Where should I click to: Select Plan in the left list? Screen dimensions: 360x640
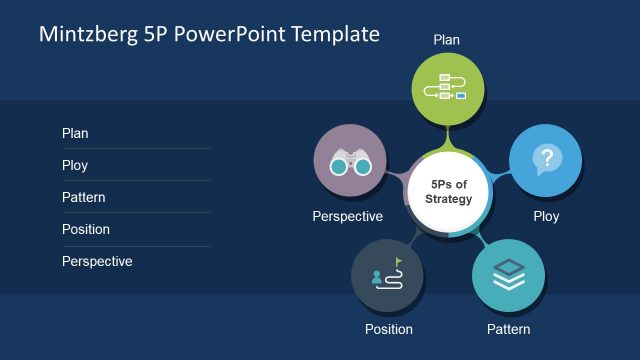click(75, 133)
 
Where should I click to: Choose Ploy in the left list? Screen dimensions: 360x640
click(75, 165)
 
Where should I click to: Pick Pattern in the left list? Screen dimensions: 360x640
click(83, 197)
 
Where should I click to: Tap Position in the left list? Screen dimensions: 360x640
click(85, 229)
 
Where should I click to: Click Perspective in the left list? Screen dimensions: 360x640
click(97, 261)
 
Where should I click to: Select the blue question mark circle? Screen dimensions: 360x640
click(545, 160)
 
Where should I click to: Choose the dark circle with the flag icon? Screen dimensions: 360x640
click(388, 274)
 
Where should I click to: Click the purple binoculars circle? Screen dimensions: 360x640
click(350, 161)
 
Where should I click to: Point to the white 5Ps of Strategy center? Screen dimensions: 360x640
click(448, 192)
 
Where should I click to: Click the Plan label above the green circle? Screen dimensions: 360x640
click(446, 40)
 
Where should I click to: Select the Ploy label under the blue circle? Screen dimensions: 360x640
click(546, 216)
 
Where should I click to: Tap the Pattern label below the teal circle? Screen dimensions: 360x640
click(508, 329)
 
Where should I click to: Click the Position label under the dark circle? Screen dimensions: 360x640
click(388, 329)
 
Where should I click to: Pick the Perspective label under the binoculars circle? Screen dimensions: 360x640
click(347, 216)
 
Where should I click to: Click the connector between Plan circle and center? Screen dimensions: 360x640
click(447, 138)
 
